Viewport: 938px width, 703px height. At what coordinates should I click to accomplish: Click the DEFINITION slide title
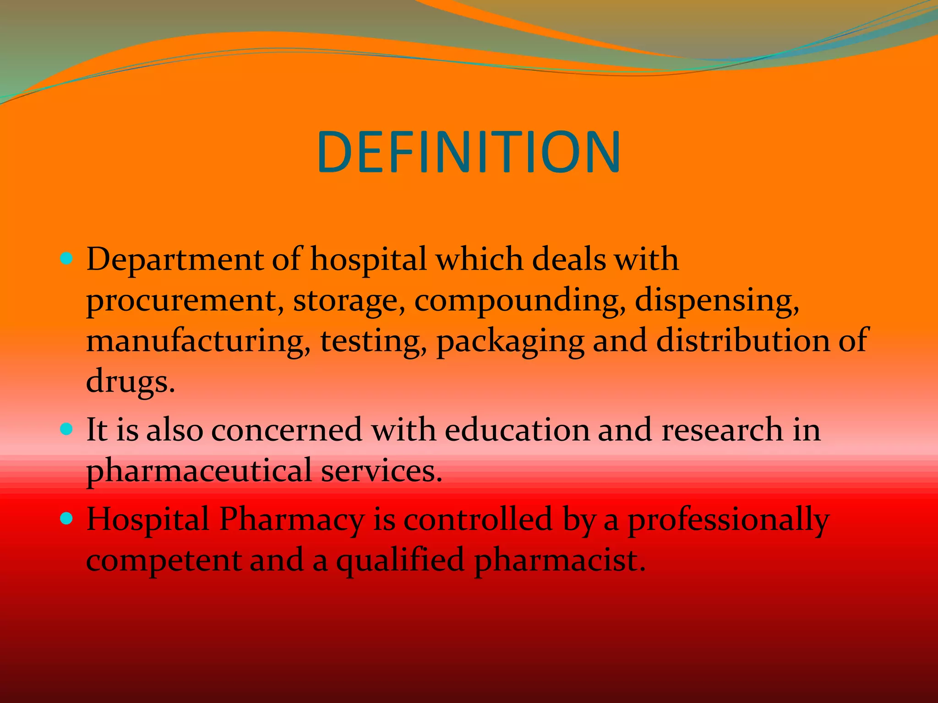tap(469, 152)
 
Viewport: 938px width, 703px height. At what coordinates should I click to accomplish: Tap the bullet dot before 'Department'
tap(67, 259)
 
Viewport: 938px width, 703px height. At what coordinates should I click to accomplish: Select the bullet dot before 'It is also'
tap(67, 429)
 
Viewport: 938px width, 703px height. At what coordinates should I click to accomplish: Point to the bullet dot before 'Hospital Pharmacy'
tap(67, 519)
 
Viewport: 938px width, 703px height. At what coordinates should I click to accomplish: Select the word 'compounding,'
tap(520, 301)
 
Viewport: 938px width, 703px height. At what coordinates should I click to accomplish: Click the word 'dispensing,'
tap(717, 301)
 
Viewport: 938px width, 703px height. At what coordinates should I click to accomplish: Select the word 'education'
tap(517, 430)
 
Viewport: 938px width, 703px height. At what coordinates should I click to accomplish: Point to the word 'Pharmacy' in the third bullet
tap(291, 520)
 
